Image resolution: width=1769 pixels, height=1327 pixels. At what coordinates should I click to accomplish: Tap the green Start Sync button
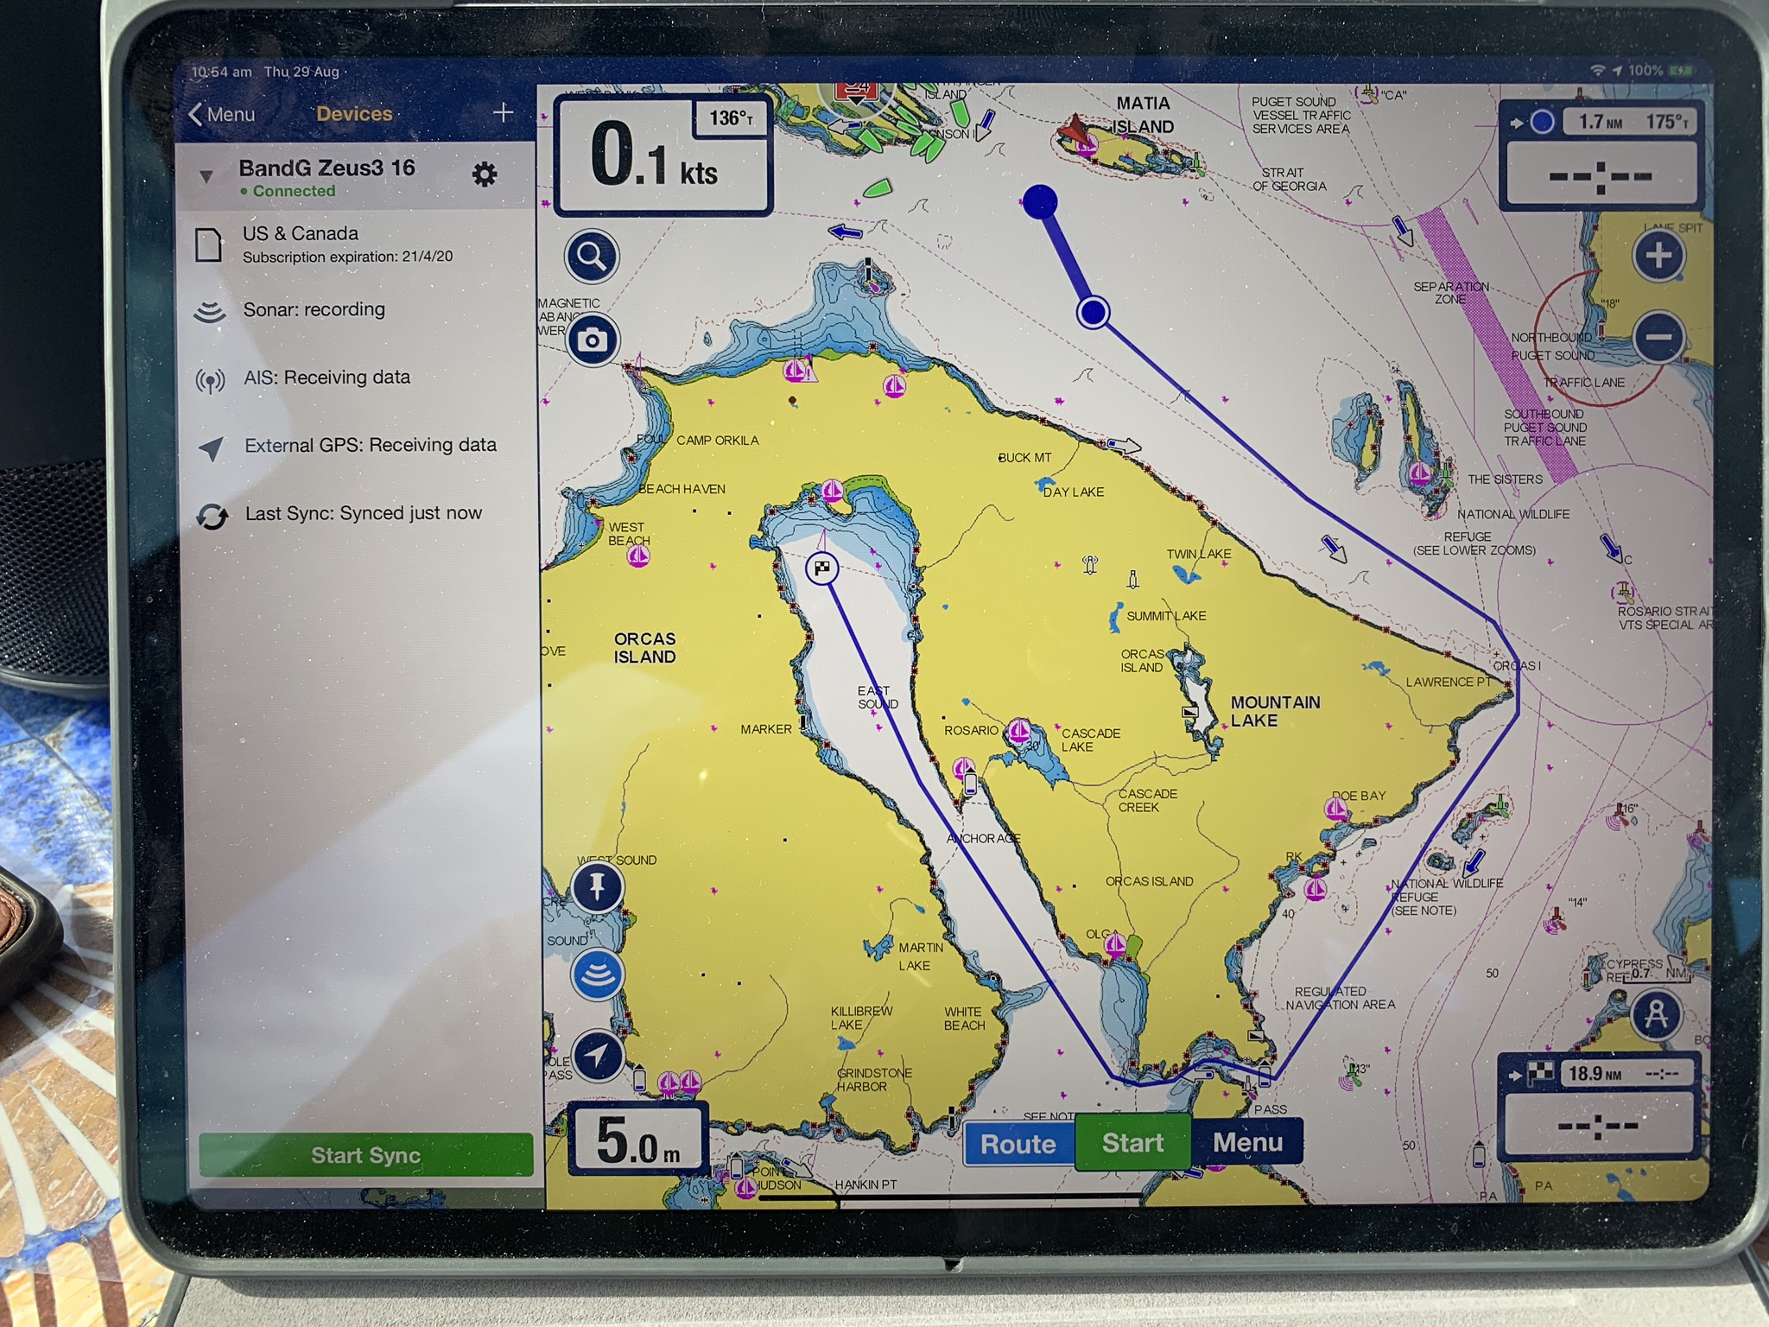tap(365, 1155)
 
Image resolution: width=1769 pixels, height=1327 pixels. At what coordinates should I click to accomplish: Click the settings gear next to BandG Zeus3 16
tap(485, 175)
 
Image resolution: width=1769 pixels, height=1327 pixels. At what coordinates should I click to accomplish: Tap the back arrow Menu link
tap(222, 114)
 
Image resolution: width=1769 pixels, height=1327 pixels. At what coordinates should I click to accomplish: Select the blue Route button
tap(1018, 1144)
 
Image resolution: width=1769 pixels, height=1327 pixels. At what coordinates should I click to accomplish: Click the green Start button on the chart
tap(1132, 1143)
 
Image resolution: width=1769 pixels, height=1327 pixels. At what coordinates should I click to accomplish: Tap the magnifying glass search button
tap(592, 257)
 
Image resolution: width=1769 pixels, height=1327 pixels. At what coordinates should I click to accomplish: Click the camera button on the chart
tap(592, 340)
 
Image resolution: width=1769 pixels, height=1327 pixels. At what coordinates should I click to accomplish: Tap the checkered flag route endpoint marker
tap(821, 568)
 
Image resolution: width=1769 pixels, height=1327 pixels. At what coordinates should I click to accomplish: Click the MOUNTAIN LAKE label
tap(1274, 711)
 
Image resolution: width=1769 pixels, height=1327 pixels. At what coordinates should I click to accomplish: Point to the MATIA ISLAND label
tap(1142, 115)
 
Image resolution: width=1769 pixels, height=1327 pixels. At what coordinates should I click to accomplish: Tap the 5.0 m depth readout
tap(637, 1140)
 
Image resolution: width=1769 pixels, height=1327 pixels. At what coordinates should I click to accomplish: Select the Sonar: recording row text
tap(314, 309)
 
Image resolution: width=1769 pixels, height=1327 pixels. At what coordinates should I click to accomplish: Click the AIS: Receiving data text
tap(327, 378)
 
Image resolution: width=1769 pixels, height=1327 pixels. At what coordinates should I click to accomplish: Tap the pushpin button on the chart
tap(597, 886)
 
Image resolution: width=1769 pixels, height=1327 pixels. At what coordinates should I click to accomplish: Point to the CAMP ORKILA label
tap(717, 441)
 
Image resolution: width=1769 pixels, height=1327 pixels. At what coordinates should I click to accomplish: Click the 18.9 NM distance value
tap(1595, 1074)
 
